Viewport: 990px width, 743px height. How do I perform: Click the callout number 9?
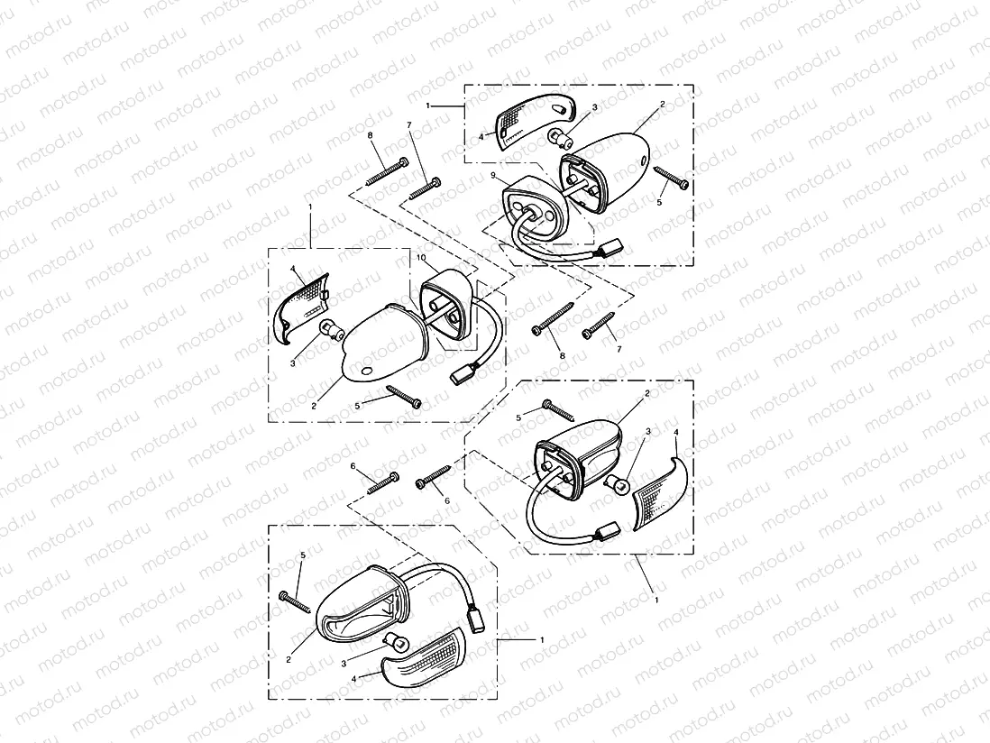point(493,173)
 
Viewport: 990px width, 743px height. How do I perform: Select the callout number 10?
point(420,258)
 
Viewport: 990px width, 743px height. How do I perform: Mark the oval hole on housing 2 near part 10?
point(365,371)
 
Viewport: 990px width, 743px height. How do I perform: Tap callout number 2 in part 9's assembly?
point(662,105)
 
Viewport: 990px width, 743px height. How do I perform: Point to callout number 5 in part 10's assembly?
point(358,407)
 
